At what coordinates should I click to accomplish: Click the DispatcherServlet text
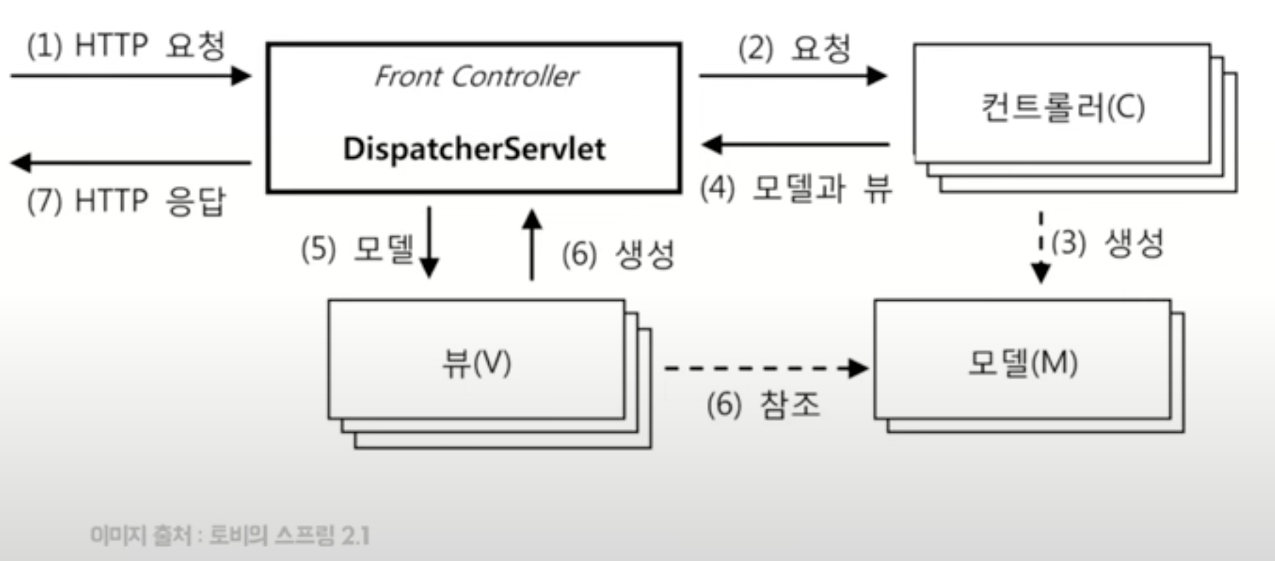(474, 149)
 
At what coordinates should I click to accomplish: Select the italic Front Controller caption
(476, 76)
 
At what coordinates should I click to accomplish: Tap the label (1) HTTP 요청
(126, 47)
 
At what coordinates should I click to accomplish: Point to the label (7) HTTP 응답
(126, 202)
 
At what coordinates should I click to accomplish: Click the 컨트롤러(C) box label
(1062, 107)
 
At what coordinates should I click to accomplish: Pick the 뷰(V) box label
(476, 364)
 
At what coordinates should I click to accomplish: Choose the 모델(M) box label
(1022, 364)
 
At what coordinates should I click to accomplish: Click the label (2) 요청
(795, 49)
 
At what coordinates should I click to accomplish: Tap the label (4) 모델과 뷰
(796, 189)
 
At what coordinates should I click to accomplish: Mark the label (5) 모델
(356, 249)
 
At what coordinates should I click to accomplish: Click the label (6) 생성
(618, 254)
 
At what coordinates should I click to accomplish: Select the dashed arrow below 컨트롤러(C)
(1040, 247)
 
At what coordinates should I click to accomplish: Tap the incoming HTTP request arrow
(130, 75)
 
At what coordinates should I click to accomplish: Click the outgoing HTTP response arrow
(130, 163)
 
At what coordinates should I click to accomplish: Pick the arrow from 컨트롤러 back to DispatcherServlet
(795, 145)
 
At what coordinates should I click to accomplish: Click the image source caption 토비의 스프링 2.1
(230, 536)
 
